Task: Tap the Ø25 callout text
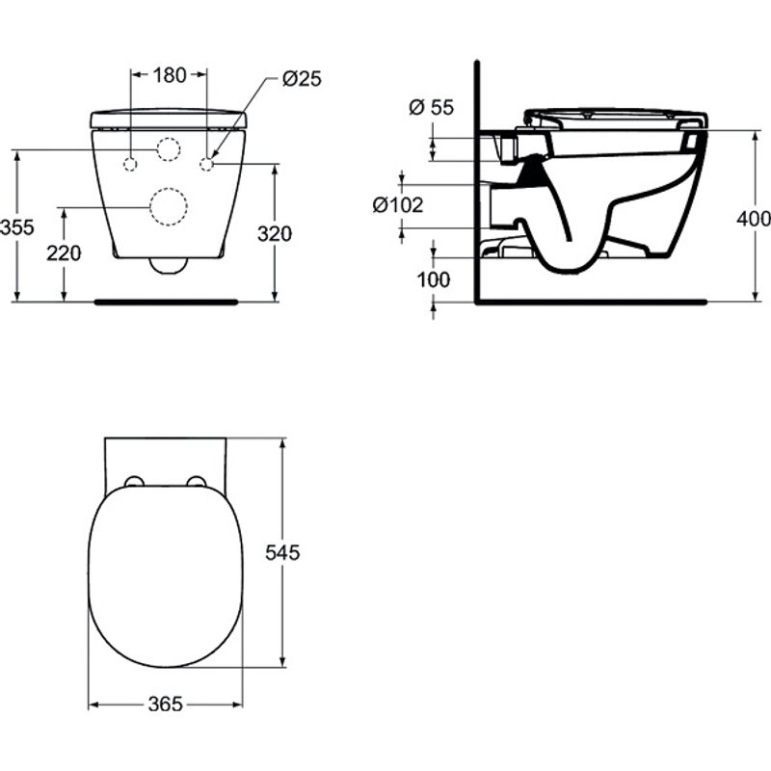[302, 79]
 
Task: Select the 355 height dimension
[17, 227]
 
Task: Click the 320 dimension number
[276, 232]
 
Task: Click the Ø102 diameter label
[398, 204]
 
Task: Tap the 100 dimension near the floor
[435, 279]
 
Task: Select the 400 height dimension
[753, 219]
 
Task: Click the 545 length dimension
[283, 552]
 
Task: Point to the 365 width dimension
[166, 705]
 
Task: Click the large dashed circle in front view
[169, 206]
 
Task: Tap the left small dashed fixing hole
[130, 163]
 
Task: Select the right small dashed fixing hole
[206, 163]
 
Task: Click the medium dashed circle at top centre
[169, 149]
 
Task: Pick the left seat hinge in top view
[134, 482]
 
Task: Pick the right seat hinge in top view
[198, 482]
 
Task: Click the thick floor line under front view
[166, 302]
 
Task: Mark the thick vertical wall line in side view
[477, 183]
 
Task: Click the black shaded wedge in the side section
[527, 173]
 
